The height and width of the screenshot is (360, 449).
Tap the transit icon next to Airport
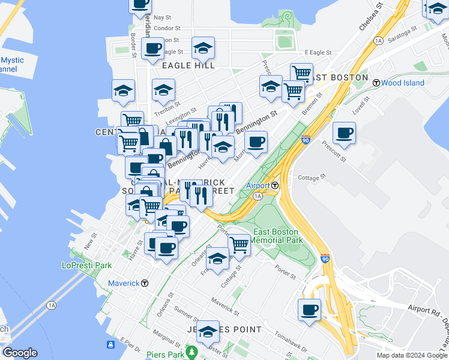[x=274, y=185]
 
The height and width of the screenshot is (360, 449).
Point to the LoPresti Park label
[x=87, y=265]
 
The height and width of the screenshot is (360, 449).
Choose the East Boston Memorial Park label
[x=277, y=236]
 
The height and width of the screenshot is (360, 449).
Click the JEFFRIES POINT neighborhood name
[x=217, y=329]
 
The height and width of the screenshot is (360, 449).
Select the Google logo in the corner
[x=19, y=353]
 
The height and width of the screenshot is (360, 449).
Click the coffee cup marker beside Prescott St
[x=344, y=133]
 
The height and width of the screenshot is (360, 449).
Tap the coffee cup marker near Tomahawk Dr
[x=310, y=310]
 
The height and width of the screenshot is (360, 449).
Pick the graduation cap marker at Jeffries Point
[x=208, y=331]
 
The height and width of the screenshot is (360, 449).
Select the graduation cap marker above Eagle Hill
[x=203, y=49]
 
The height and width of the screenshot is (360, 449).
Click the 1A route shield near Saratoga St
[x=378, y=41]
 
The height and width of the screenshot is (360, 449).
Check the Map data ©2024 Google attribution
[x=412, y=355]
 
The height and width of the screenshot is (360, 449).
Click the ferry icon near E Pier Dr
[x=110, y=344]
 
